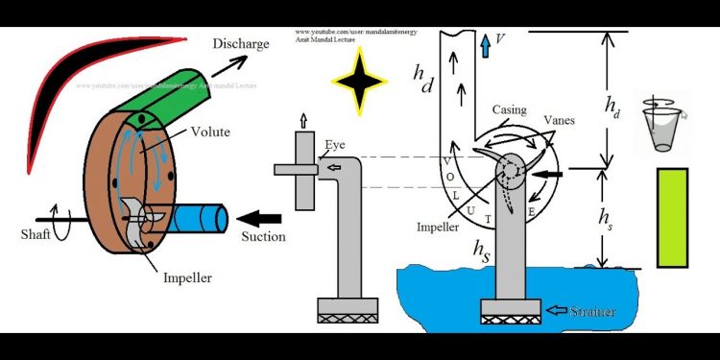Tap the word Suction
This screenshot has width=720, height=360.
[263, 236]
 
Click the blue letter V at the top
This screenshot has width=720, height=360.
[497, 41]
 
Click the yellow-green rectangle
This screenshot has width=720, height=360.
[672, 217]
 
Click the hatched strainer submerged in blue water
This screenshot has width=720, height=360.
[508, 313]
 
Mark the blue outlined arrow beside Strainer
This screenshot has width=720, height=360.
[555, 311]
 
